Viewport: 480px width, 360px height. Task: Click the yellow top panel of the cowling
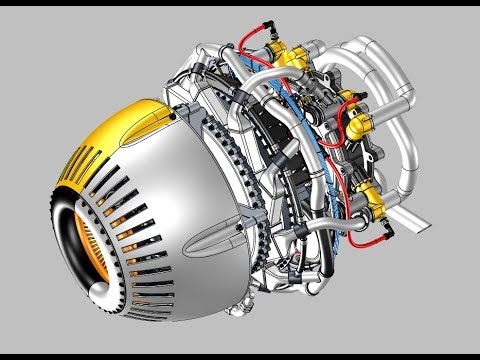point(140,122)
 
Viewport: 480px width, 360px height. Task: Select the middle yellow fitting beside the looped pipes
point(351,100)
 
